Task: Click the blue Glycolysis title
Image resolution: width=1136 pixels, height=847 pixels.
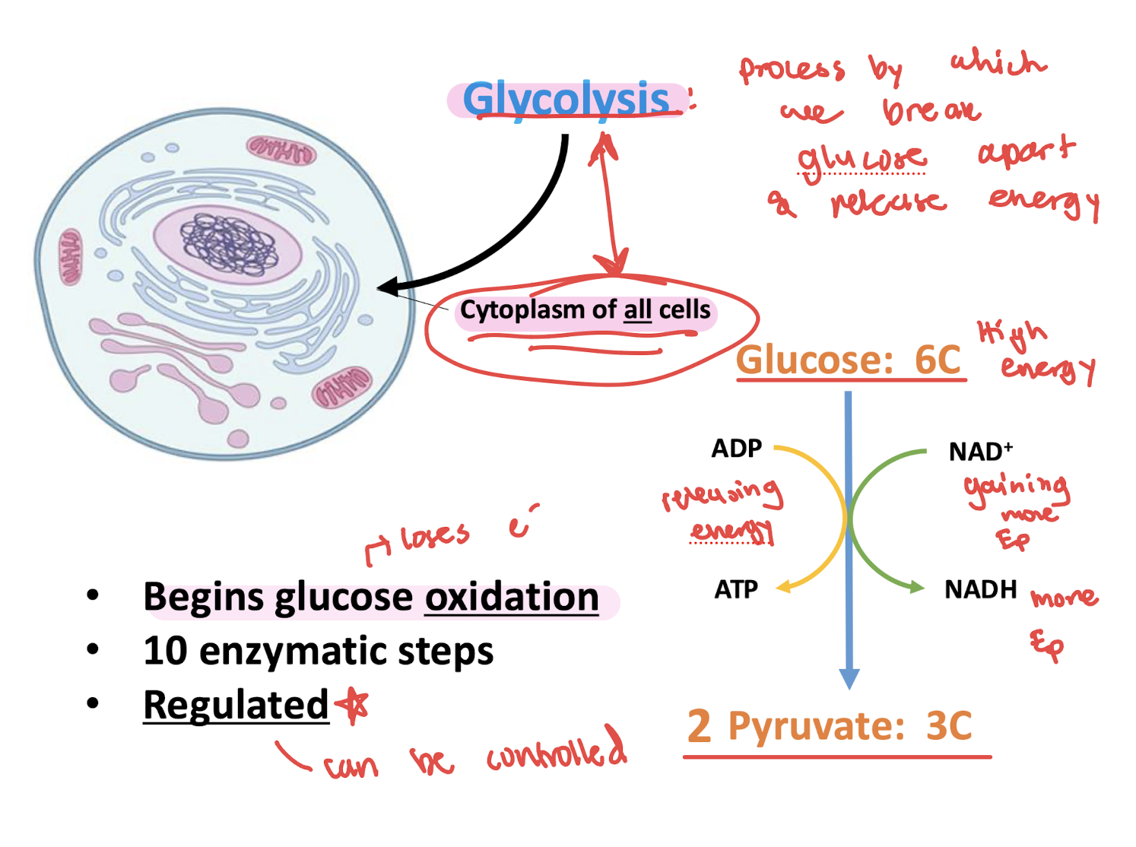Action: [566, 100]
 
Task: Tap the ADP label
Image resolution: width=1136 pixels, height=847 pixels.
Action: [736, 449]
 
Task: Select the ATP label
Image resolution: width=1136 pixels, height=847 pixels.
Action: [736, 589]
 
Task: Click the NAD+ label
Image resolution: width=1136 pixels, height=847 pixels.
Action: [980, 452]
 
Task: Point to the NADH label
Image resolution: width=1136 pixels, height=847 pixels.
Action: [980, 589]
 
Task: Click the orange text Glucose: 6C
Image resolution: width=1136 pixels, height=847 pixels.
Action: [849, 360]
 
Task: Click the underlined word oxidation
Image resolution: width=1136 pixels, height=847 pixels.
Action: [512, 597]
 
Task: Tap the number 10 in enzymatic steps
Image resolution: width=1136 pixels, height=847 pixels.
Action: [165, 652]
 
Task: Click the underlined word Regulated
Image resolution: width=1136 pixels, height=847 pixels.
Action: [236, 705]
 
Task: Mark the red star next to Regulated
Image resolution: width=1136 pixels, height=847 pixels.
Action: [354, 705]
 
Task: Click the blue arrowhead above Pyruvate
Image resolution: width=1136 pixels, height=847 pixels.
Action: [849, 678]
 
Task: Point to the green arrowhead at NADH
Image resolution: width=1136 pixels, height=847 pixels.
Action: [915, 587]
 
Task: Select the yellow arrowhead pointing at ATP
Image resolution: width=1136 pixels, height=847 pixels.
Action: [784, 587]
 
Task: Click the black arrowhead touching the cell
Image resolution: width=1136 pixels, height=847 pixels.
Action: [388, 287]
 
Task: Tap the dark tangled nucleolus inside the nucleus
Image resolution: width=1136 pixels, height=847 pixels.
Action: [228, 243]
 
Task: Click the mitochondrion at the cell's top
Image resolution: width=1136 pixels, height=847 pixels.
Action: [281, 150]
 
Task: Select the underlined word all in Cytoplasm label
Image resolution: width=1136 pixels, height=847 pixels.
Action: [637, 310]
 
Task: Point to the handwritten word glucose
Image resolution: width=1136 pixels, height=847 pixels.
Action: [861, 160]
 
